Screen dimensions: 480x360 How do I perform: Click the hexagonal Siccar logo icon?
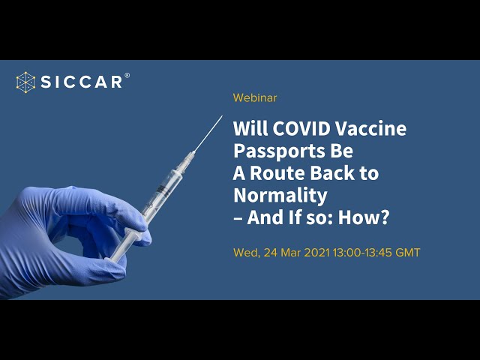[x=25, y=82]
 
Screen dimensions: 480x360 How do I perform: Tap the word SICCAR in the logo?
[x=82, y=82]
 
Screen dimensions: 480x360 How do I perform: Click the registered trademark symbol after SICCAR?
[x=127, y=75]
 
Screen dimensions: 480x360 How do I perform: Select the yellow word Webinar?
[x=255, y=98]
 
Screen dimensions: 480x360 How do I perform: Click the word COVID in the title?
[x=301, y=128]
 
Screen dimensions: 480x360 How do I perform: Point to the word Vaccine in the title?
[x=370, y=128]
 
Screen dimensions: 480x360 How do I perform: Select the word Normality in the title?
[x=280, y=196]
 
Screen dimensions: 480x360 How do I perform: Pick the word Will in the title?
[x=250, y=128]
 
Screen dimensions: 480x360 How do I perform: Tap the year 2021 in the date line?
[x=317, y=253]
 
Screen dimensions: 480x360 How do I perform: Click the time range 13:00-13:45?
[x=362, y=253]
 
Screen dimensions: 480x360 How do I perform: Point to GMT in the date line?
[x=408, y=253]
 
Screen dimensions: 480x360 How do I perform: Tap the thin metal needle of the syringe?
[x=208, y=133]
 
